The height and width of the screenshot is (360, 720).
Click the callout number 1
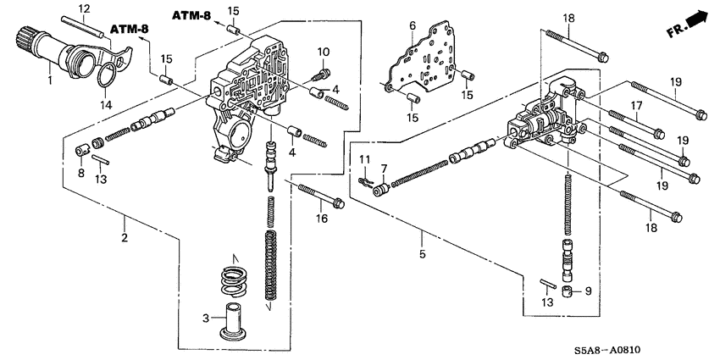point(50,81)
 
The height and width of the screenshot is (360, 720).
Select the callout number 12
point(85,8)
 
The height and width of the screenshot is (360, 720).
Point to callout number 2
point(124,239)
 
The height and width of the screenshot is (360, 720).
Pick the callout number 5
point(421,252)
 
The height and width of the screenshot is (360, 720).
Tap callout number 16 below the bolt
point(321,219)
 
